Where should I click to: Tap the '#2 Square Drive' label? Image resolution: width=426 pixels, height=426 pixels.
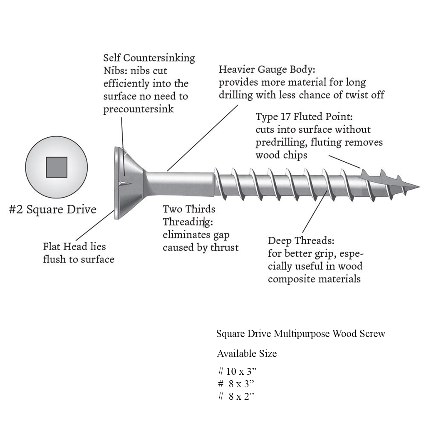(x=52, y=209)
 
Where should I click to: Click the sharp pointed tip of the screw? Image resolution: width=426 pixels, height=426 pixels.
(x=417, y=185)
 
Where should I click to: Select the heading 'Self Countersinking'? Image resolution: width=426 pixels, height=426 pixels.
(x=149, y=58)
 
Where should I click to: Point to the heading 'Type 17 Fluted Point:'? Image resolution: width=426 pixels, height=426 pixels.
(x=304, y=116)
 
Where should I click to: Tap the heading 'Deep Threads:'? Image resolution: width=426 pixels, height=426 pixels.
(x=301, y=240)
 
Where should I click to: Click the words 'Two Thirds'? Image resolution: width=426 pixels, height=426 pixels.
(x=189, y=209)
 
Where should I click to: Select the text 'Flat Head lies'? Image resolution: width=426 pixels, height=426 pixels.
(x=74, y=246)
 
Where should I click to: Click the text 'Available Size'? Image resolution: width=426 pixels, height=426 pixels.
(x=246, y=354)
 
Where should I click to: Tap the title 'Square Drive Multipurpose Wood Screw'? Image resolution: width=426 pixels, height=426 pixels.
(x=300, y=334)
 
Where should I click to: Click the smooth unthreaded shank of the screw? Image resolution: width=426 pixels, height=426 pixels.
(x=179, y=184)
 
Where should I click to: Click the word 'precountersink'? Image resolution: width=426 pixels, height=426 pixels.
(x=139, y=109)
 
